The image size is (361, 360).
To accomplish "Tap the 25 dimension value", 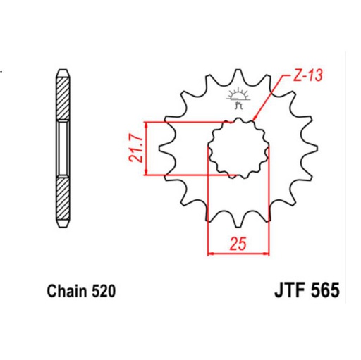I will coord(238,244).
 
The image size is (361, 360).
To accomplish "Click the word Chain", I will coord(66,290).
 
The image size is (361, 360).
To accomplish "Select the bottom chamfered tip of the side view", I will coord(63,225).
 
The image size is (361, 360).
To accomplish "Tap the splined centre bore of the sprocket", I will coord(238,148).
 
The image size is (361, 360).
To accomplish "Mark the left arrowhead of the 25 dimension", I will coord(210,253).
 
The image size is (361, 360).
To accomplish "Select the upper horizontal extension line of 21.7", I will coord(183,122).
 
